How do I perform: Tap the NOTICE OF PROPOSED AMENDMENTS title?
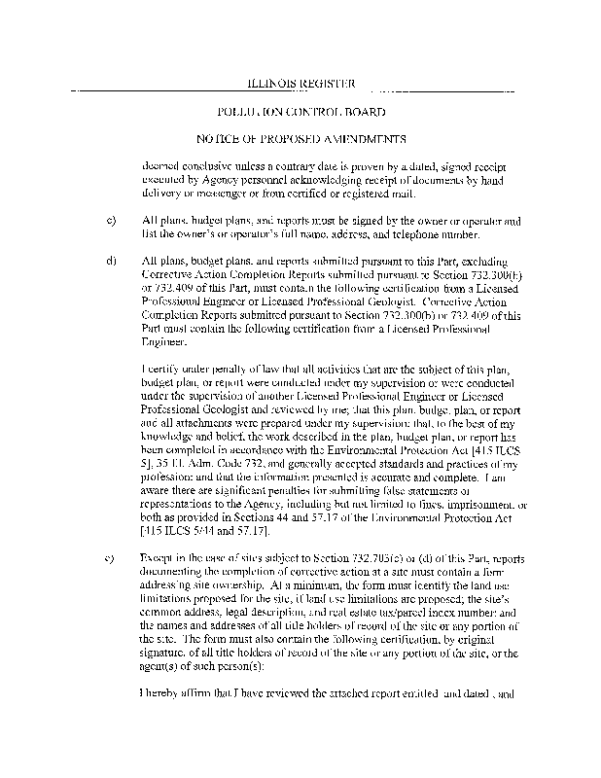[300, 138]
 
